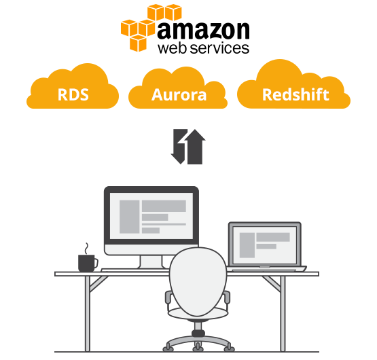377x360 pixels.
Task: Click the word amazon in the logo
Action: (203, 31)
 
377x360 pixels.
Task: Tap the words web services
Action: (203, 48)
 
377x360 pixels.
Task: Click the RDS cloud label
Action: (73, 94)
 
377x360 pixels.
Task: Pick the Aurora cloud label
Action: (179, 94)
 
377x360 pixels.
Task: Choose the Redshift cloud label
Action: (295, 94)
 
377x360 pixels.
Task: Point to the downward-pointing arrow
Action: (179, 146)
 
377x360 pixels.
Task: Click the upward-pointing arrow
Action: (195, 147)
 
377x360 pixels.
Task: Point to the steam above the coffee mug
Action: (86, 249)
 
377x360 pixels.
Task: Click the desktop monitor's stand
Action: (151, 262)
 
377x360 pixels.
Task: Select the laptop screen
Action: (265, 245)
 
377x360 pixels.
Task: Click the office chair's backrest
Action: (198, 281)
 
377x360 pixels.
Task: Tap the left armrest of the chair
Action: (168, 298)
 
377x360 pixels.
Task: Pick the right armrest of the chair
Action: (227, 298)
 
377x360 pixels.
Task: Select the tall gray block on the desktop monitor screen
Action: (129, 217)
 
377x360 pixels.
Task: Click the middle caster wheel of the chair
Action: (198, 347)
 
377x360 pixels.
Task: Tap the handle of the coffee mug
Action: (96, 263)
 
